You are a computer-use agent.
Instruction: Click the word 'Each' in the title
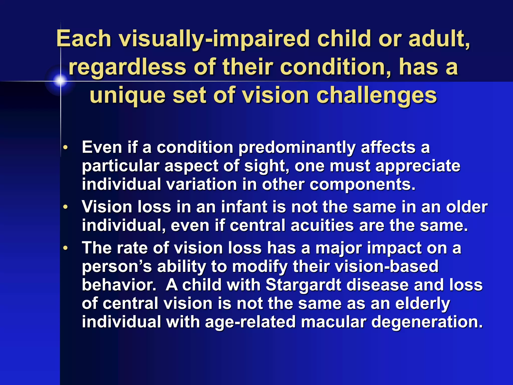click(x=84, y=39)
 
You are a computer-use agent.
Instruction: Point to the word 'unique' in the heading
click(x=127, y=96)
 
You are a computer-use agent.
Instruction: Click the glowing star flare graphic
click(x=60, y=80)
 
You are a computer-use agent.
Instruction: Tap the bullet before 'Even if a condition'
click(x=65, y=148)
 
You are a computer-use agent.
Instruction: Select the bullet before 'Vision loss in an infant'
click(x=65, y=207)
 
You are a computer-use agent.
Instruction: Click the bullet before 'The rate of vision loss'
click(x=65, y=248)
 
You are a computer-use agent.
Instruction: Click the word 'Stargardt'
click(x=303, y=285)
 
